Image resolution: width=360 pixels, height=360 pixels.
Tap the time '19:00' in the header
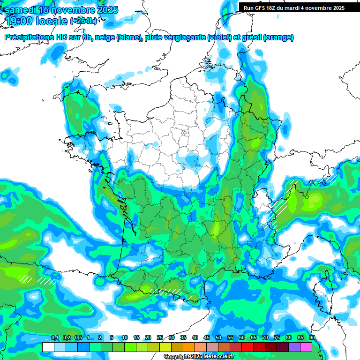pyautogui.click(x=21, y=21)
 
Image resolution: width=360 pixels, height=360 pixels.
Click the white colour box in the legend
pyautogui.click(x=48, y=347)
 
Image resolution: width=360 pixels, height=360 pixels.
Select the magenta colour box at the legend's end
pyautogui.click(x=306, y=347)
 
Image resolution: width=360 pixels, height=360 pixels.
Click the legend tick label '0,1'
pyautogui.click(x=55, y=338)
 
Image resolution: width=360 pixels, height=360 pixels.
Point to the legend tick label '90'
pyautogui.click(x=312, y=338)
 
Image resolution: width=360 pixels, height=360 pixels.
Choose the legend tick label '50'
pyautogui.click(x=218, y=338)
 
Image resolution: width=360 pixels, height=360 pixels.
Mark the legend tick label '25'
pyautogui.click(x=160, y=338)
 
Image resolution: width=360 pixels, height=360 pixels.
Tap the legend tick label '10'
pyautogui.click(x=125, y=338)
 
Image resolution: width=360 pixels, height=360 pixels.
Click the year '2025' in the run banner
pyautogui.click(x=337, y=8)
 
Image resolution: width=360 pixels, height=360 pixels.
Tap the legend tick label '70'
pyautogui.click(x=265, y=338)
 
